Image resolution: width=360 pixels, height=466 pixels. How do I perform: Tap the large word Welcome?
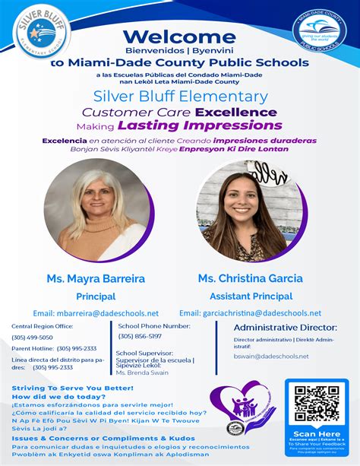tap(179, 36)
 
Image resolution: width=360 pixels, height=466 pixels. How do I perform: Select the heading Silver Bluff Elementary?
tap(180, 97)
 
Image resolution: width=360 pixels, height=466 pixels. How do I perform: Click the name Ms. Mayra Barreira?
tap(96, 279)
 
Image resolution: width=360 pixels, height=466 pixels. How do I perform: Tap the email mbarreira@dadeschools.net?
tap(96, 313)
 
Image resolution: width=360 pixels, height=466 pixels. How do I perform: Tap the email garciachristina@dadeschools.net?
tap(250, 313)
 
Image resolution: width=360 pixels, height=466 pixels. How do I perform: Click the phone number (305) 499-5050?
tap(32, 337)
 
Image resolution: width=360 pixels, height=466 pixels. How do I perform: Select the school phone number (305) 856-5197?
tap(140, 336)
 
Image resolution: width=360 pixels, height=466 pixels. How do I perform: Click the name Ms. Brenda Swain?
tap(142, 372)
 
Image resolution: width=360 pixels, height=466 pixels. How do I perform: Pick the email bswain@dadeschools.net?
tap(270, 356)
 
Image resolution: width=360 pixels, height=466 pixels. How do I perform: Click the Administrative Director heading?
tap(284, 327)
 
